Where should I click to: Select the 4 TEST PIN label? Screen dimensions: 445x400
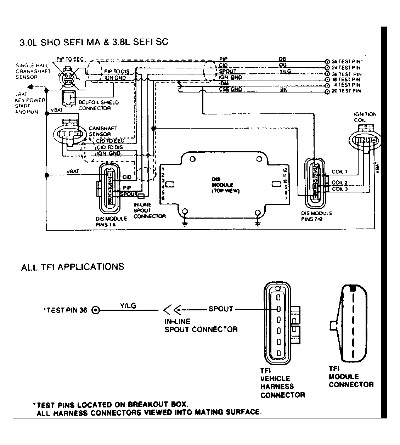pyautogui.click(x=348, y=85)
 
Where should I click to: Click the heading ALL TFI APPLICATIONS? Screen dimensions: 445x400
pyautogui.click(x=73, y=267)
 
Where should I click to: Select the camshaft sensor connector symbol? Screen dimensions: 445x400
pyautogui.click(x=70, y=134)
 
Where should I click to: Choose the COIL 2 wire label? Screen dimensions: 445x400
pyautogui.click(x=339, y=183)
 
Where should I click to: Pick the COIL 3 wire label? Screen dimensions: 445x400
pyautogui.click(x=339, y=189)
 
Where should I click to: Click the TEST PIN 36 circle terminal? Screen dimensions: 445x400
pyautogui.click(x=95, y=311)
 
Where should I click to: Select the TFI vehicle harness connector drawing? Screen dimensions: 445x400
pyautogui.click(x=280, y=323)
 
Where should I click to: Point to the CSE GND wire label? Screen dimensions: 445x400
pyautogui.click(x=230, y=89)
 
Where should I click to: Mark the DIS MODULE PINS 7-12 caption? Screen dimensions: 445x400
pyautogui.click(x=316, y=216)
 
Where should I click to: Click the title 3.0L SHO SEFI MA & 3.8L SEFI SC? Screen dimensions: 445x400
pyautogui.click(x=94, y=42)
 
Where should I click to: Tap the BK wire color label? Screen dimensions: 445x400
pyautogui.click(x=283, y=90)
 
